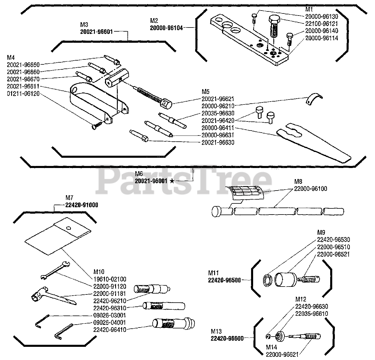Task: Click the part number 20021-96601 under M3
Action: pos(97,32)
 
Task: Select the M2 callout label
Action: pos(154,20)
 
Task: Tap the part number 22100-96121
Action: pos(322,23)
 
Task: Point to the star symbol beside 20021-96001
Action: pos(172,181)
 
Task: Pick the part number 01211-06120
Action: pos(23,94)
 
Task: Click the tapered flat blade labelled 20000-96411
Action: pos(313,140)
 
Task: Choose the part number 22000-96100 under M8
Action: pos(311,189)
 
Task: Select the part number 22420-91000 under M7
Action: pos(82,205)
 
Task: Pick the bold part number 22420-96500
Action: pos(224,280)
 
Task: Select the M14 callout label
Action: pos(271,347)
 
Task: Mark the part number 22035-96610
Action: pos(312,314)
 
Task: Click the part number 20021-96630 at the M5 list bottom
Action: pos(218,143)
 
